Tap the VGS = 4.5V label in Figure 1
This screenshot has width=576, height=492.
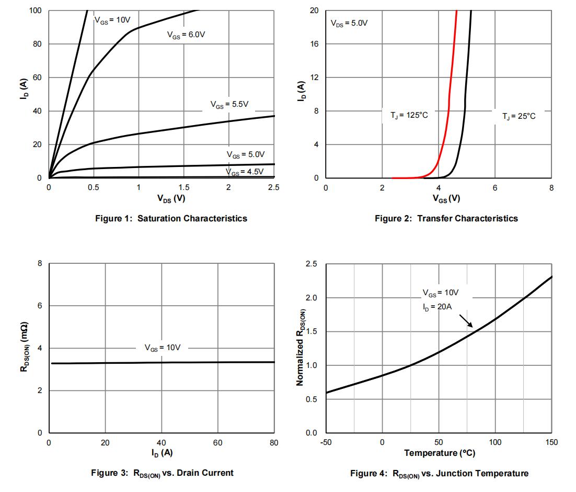pos(245,172)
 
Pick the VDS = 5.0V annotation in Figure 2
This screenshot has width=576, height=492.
pos(349,24)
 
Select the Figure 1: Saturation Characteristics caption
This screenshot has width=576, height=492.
pos(171,218)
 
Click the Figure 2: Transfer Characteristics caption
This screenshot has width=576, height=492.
pos(446,218)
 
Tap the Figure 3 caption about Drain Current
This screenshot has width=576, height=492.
pos(162,473)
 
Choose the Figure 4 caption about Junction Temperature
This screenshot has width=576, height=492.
pos(439,473)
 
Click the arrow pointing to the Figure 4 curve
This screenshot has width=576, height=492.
pos(466,320)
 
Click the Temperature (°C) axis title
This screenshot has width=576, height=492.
pos(439,453)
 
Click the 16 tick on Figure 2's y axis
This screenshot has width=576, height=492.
pos(315,44)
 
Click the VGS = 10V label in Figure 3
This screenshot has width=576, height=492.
pos(162,348)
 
